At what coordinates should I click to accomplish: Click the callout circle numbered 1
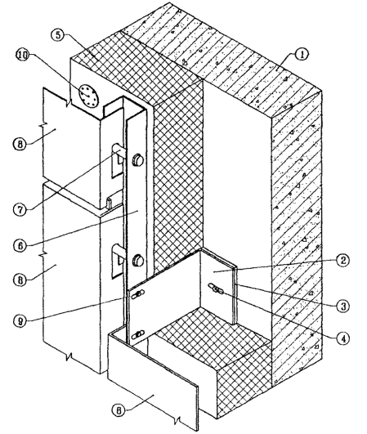[302, 55]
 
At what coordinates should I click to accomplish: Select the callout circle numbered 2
[342, 260]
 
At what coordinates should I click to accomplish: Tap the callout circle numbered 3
[343, 306]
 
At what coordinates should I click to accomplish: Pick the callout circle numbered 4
[343, 338]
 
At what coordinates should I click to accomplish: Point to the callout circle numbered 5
[58, 35]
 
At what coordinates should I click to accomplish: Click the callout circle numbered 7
[20, 209]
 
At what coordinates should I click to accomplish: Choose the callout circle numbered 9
[20, 321]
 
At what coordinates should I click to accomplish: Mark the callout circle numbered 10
[23, 55]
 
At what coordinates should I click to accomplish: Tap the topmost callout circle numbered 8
[20, 145]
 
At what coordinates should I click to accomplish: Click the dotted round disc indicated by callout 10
[88, 96]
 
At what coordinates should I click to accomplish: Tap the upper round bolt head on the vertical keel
[138, 160]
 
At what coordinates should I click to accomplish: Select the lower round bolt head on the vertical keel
[138, 261]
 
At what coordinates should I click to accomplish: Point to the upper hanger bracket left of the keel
[119, 160]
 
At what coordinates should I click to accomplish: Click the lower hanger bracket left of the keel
[119, 260]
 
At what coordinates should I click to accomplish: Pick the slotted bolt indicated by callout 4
[217, 289]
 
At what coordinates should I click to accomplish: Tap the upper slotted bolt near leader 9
[138, 294]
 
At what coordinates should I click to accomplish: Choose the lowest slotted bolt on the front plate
[138, 334]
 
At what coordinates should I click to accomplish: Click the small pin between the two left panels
[109, 204]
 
